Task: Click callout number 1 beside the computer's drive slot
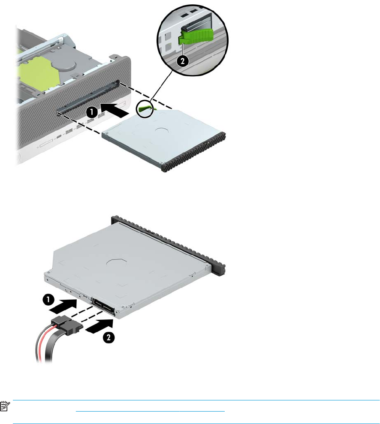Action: tap(92, 111)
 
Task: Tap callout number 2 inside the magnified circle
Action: tap(183, 61)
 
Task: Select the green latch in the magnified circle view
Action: tap(196, 36)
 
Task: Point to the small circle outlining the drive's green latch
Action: tap(144, 109)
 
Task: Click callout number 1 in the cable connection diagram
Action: tap(48, 300)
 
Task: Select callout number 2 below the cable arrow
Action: tap(109, 337)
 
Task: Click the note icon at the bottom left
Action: tap(5, 406)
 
